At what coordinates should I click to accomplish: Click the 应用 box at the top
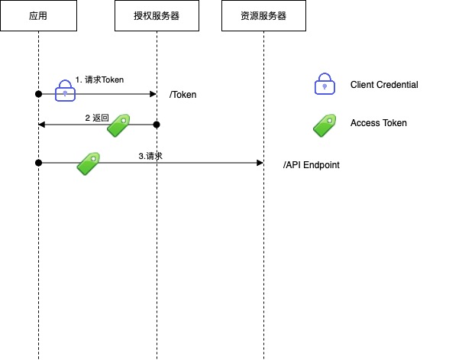(38, 16)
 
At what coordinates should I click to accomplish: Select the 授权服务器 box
(157, 16)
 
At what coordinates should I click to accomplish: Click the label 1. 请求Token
(99, 79)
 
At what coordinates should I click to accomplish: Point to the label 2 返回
(97, 118)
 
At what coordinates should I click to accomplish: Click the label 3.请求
(150, 156)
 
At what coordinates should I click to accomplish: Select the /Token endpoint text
(183, 95)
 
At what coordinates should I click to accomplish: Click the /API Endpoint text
(311, 164)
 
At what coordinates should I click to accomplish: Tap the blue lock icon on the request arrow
(66, 90)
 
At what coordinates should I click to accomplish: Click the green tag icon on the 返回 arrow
(118, 125)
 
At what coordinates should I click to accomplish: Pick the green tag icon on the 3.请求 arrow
(89, 163)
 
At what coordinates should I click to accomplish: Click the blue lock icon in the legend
(325, 84)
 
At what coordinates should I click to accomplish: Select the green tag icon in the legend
(325, 125)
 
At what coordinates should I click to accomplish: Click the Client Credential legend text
(384, 85)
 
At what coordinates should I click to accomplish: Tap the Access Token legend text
(379, 123)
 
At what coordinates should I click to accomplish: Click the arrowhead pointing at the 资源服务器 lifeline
(260, 162)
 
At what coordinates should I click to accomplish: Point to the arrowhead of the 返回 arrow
(42, 124)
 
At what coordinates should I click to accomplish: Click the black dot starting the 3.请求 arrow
(38, 162)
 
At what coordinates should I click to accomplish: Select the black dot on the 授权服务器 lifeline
(157, 124)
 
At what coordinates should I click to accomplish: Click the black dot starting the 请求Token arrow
(38, 93)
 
